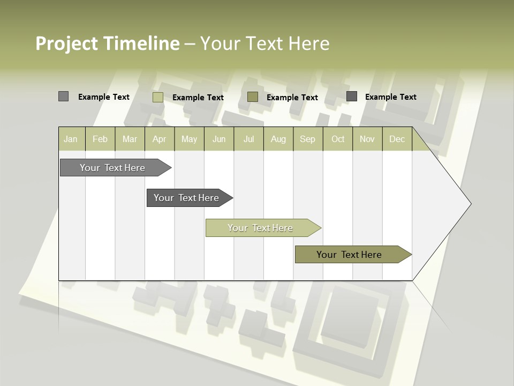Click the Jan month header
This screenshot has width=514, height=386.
tap(71, 139)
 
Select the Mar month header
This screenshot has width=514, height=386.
tap(130, 139)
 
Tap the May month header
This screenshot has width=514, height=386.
tap(189, 139)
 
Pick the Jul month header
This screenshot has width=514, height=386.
tap(248, 139)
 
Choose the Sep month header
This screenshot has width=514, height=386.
tap(307, 139)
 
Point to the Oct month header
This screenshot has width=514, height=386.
tap(338, 139)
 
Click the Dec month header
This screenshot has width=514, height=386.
tap(397, 139)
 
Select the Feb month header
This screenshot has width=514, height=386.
tap(100, 139)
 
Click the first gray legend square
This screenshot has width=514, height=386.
tap(64, 96)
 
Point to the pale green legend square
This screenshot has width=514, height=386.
tap(158, 97)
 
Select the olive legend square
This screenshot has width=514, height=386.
tap(253, 97)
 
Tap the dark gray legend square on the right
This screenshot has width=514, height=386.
tap(352, 96)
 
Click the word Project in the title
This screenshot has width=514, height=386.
tap(66, 43)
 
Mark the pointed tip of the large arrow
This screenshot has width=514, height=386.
tap(470, 204)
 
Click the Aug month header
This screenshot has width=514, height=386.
tap(278, 139)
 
